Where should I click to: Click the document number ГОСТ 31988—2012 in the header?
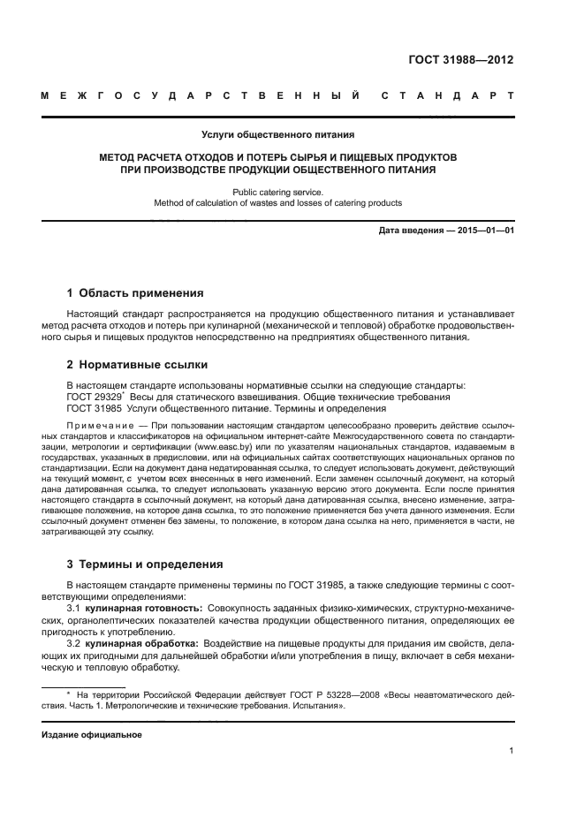(x=460, y=61)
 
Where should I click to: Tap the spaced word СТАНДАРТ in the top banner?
(x=447, y=95)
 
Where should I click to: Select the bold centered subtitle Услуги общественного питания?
(x=277, y=135)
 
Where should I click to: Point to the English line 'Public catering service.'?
(x=277, y=191)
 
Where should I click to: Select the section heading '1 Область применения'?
(x=135, y=292)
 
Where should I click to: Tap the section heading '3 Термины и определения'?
(x=145, y=564)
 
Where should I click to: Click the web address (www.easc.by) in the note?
(x=218, y=447)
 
